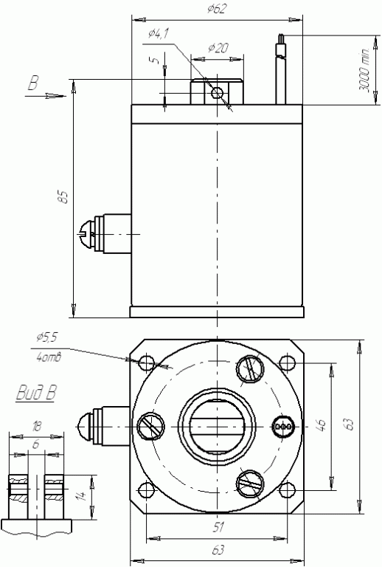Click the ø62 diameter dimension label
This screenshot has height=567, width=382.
(218, 9)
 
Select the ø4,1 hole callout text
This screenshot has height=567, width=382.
(158, 34)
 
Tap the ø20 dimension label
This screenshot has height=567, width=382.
(218, 48)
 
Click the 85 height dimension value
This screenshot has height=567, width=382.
(63, 196)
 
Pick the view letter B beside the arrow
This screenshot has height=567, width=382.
(33, 84)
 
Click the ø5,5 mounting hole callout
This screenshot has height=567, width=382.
(46, 337)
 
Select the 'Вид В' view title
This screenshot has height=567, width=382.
(36, 392)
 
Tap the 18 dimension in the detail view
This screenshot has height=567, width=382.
(36, 427)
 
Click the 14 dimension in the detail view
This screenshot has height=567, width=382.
(83, 495)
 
